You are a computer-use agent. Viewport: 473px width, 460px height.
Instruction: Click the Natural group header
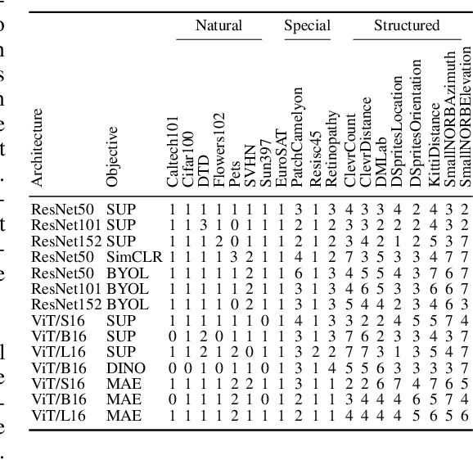pos(218,25)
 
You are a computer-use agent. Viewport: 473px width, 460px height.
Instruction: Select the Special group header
pos(307,25)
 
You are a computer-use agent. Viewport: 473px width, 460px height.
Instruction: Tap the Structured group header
pos(406,25)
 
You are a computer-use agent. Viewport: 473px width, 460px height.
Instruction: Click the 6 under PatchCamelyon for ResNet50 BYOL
pos(298,273)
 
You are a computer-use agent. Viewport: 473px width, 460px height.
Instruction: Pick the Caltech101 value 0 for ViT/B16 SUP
pos(173,336)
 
